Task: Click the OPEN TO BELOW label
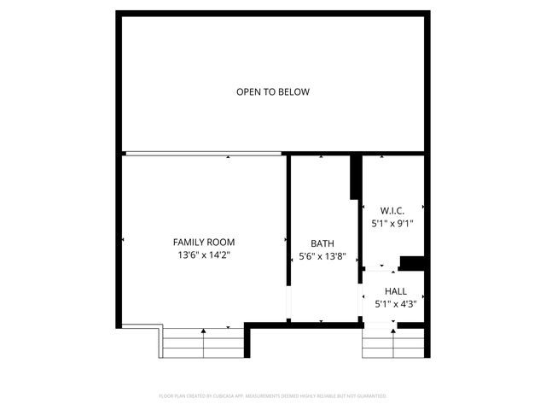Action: pos(273,92)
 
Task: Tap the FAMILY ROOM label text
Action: pos(204,242)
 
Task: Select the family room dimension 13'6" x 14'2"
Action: pos(204,255)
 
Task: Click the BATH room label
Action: pos(322,243)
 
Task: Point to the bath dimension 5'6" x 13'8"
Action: pos(322,255)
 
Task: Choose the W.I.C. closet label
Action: pos(392,210)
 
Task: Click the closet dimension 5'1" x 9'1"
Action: pos(392,223)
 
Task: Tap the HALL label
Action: pos(395,290)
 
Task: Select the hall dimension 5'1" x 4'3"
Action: pos(395,303)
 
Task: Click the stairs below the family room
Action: pos(203,344)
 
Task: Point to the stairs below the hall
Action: pos(393,344)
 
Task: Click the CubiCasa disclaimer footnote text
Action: pos(273,396)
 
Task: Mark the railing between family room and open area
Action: pos(202,154)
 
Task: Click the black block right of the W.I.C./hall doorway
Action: pos(412,263)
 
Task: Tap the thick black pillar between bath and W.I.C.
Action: pos(354,178)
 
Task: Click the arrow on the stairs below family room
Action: pos(203,331)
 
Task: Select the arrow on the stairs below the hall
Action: pos(393,331)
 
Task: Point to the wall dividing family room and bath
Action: pos(288,222)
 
